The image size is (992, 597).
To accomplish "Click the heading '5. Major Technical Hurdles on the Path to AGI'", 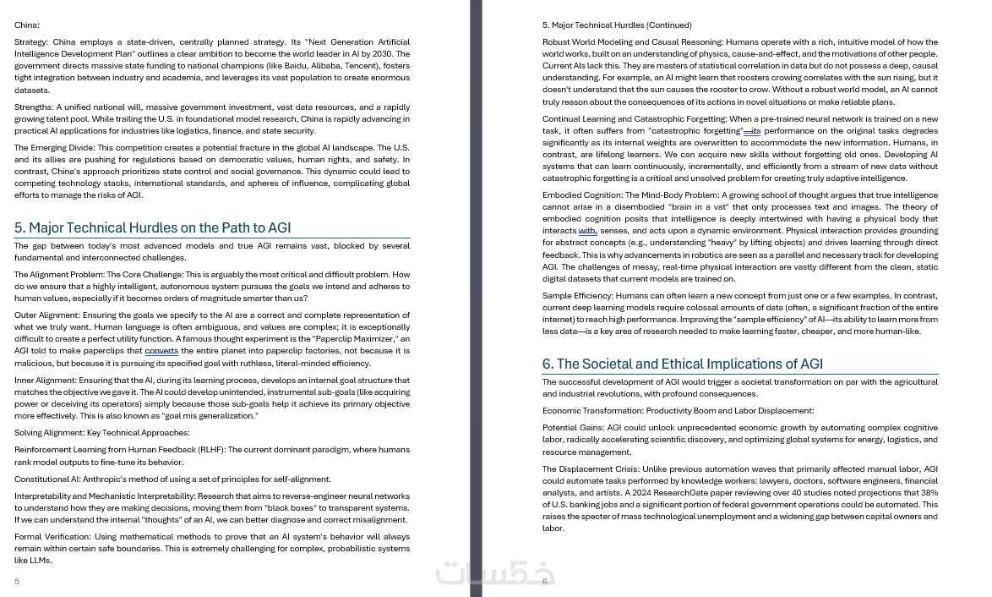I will click(152, 227).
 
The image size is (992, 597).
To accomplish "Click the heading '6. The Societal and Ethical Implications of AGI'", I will click(682, 364).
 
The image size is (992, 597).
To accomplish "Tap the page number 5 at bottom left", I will click(17, 581).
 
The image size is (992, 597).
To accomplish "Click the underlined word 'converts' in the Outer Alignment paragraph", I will click(161, 351).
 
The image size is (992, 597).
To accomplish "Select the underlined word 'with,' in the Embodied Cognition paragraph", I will click(587, 231).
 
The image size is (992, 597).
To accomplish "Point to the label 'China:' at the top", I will click(27, 25).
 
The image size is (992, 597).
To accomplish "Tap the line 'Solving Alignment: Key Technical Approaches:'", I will click(102, 433).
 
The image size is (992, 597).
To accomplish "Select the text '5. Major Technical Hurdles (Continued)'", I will click(617, 25).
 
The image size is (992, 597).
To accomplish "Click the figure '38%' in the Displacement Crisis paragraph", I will click(929, 492).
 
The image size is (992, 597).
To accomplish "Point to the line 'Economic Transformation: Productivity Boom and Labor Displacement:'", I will click(678, 411).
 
